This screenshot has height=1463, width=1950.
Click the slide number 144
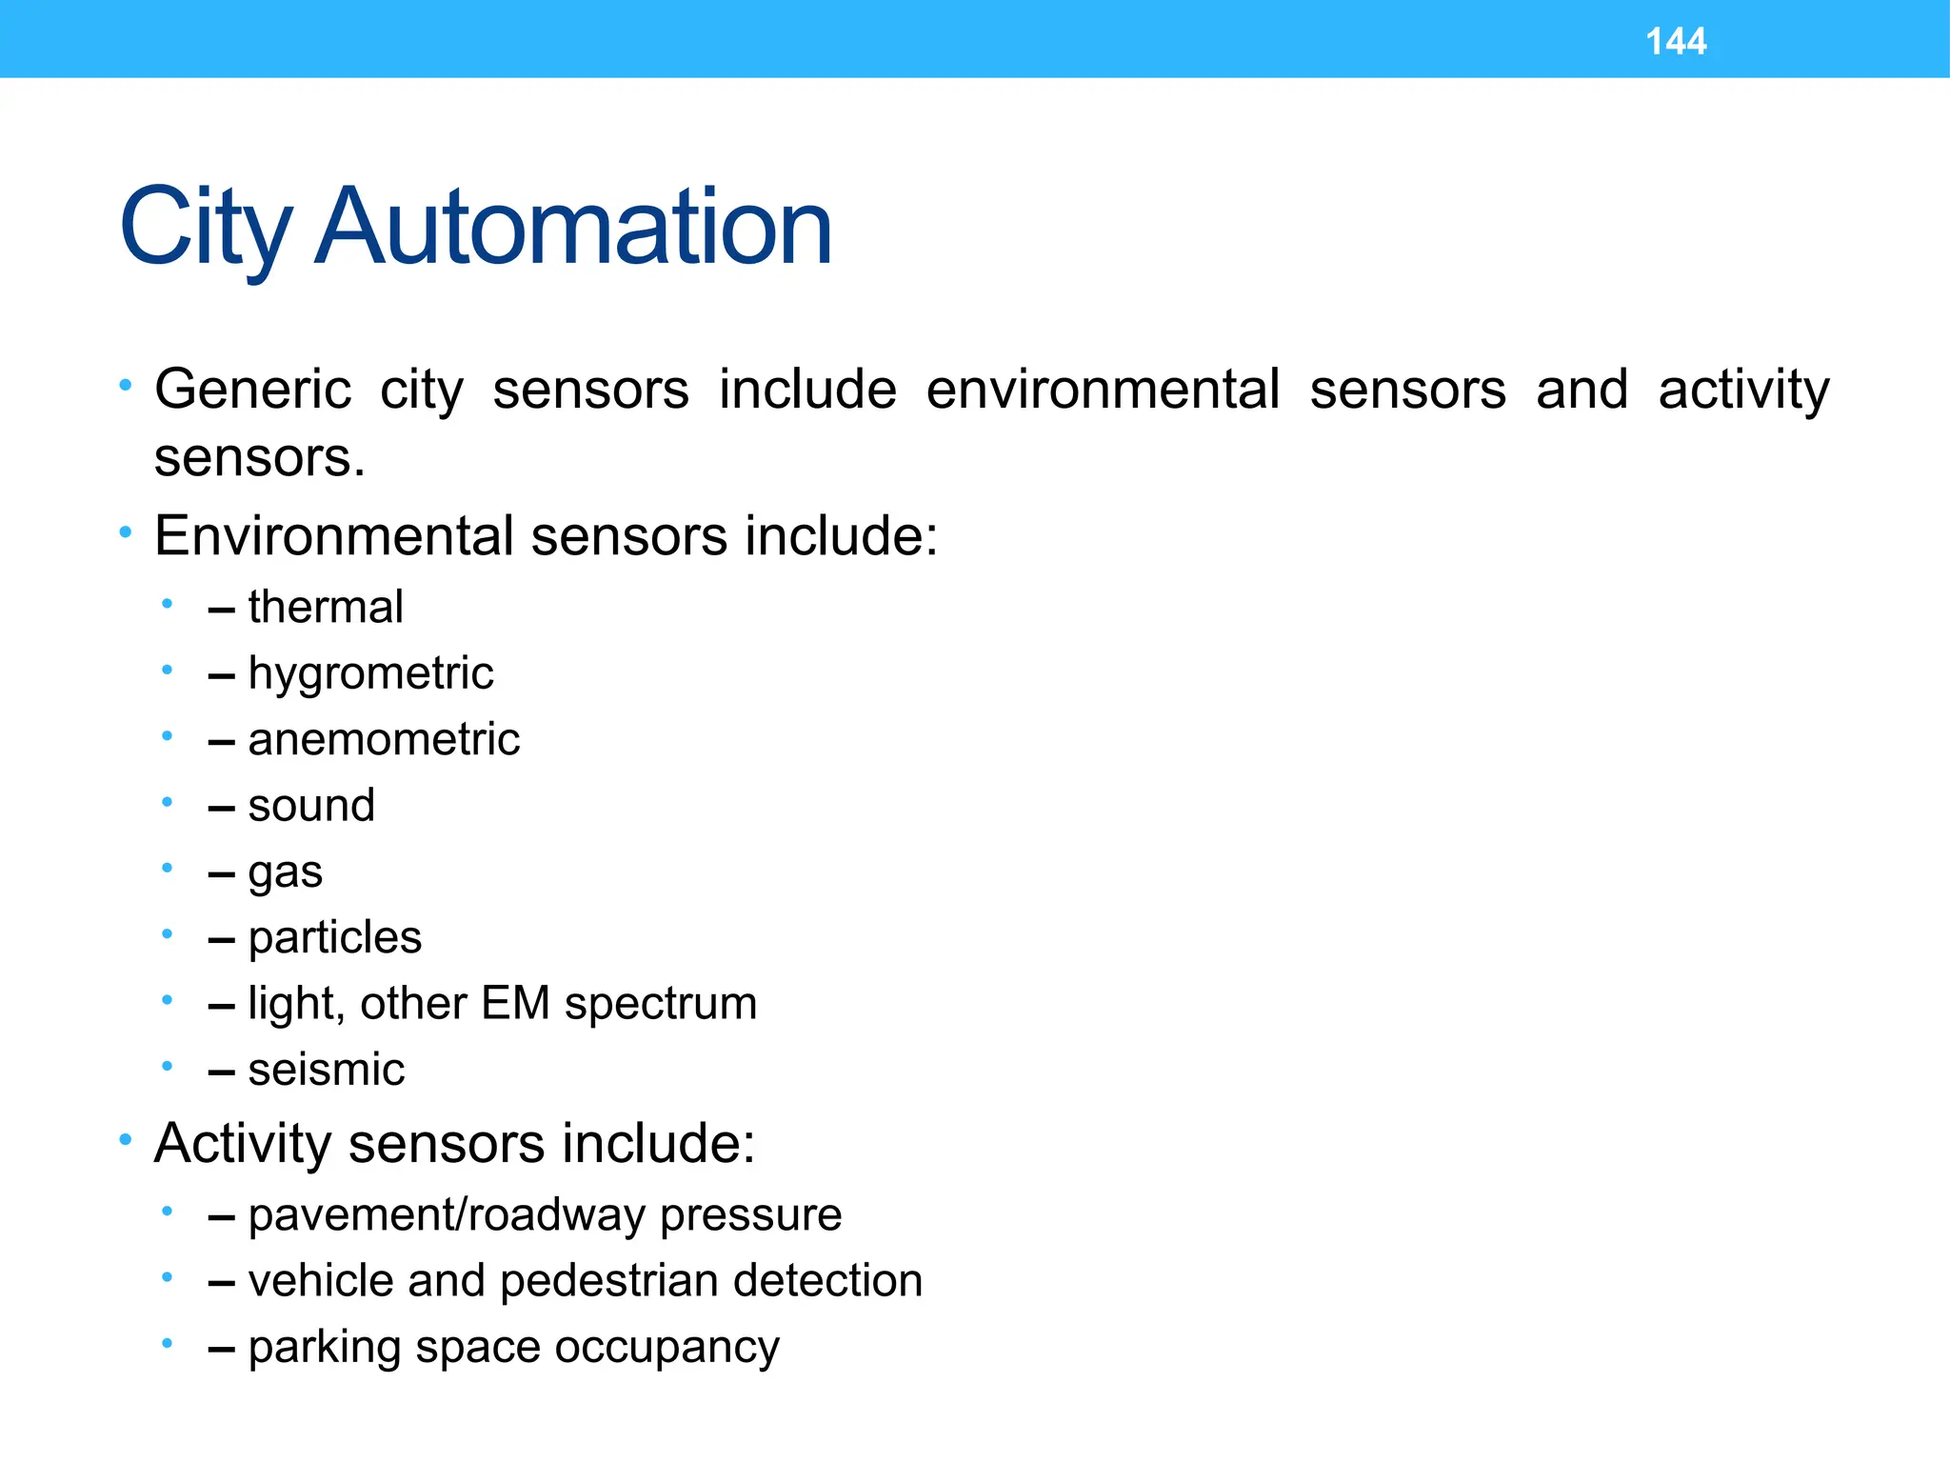(1675, 42)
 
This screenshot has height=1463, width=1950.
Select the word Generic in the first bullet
(253, 390)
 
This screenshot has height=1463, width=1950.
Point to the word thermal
(326, 607)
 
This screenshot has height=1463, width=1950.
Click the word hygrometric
(370, 673)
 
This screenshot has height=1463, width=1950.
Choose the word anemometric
(384, 739)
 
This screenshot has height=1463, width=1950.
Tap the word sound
(311, 806)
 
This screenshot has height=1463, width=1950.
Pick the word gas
(286, 872)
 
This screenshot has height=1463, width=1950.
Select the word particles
(334, 937)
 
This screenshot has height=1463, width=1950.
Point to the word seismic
(327, 1070)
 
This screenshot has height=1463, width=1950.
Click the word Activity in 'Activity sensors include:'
(243, 1143)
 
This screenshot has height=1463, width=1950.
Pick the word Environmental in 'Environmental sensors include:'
(334, 535)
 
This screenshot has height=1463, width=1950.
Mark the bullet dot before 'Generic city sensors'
(125, 386)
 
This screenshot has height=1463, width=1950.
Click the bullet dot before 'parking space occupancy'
(167, 1343)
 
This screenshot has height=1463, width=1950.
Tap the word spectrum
(660, 1004)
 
